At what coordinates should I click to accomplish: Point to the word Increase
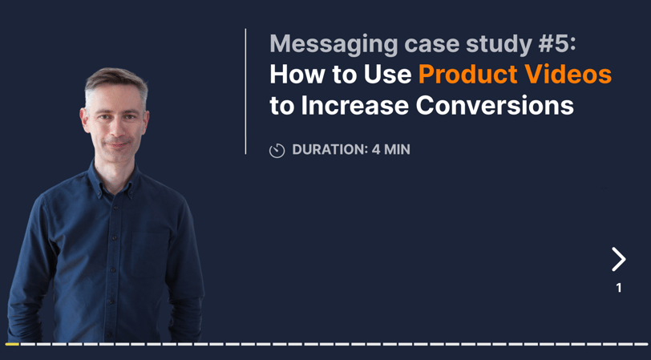(355, 106)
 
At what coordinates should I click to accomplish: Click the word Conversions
(495, 106)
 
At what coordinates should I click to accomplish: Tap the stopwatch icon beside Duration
(277, 150)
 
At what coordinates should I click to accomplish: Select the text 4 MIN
(390, 149)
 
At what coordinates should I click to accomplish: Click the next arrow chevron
(619, 259)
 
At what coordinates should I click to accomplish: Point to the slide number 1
(619, 288)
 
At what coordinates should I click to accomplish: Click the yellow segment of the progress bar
(11, 344)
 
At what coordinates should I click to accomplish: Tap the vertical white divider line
(245, 91)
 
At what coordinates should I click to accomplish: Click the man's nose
(117, 130)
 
